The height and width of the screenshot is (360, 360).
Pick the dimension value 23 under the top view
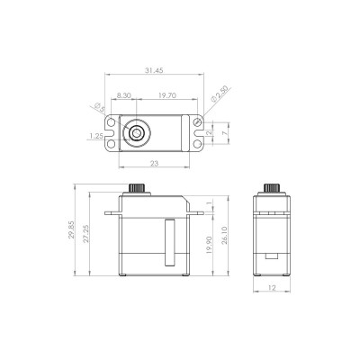click(154, 164)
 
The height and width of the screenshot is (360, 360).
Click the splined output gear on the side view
click(273, 192)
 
